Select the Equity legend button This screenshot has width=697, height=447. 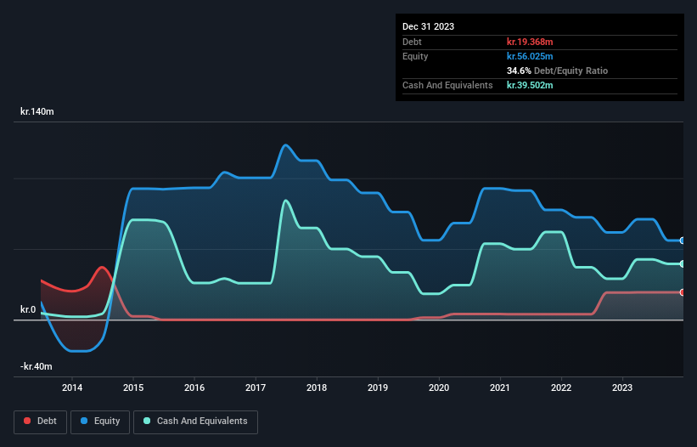101,421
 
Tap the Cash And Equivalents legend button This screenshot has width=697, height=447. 195,421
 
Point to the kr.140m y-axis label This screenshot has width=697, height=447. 38,111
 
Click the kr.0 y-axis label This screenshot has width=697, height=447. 28,309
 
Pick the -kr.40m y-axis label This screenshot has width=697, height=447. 37,366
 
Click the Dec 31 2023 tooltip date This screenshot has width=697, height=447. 428,26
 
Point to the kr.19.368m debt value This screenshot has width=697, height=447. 530,42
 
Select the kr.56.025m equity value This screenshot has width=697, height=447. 530,56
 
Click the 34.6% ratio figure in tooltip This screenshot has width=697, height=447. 518,71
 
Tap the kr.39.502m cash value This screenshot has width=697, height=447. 530,85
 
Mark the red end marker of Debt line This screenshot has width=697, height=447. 682,292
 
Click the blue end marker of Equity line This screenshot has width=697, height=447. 682,240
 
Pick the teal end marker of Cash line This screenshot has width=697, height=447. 682,263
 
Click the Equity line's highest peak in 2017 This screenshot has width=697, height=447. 285,145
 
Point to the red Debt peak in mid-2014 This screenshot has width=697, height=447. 102,268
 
